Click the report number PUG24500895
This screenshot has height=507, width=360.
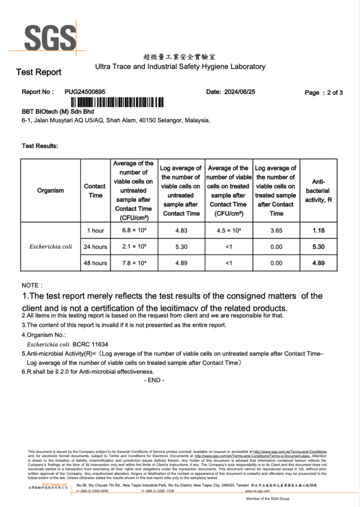coord(85,92)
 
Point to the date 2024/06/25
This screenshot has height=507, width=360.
coord(240,92)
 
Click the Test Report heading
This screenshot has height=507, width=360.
coord(39,72)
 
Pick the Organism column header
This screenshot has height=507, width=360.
coord(51,191)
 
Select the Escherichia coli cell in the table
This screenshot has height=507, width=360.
coord(51,247)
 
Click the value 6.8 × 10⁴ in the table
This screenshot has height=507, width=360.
coord(133,231)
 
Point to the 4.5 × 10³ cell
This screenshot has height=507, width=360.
coord(228,231)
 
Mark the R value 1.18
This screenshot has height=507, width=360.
coord(318,231)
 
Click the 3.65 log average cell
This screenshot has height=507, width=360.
coord(276,231)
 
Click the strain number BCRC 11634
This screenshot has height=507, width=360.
coord(90,344)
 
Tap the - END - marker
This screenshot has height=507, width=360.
coord(154,380)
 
